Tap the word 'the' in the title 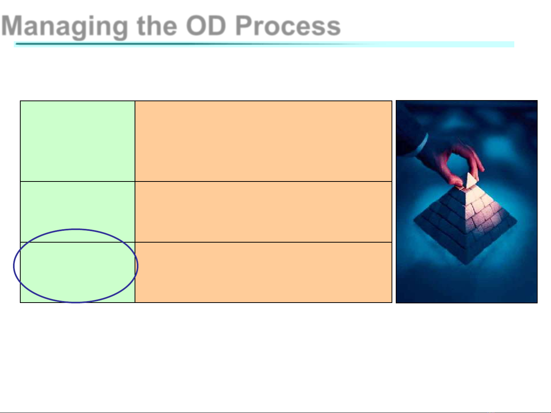pyautogui.click(x=157, y=26)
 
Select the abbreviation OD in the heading pyautogui.click(x=206, y=26)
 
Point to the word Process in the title pyautogui.click(x=288, y=26)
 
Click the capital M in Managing pyautogui.click(x=12, y=25)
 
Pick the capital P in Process pyautogui.click(x=245, y=25)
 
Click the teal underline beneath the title pyautogui.click(x=264, y=44)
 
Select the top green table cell pyautogui.click(x=78, y=141)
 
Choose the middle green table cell pyautogui.click(x=78, y=212)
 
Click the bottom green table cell pyautogui.click(x=78, y=272)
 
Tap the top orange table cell pyautogui.click(x=263, y=141)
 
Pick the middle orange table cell pyautogui.click(x=263, y=212)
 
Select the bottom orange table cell pyautogui.click(x=263, y=272)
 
